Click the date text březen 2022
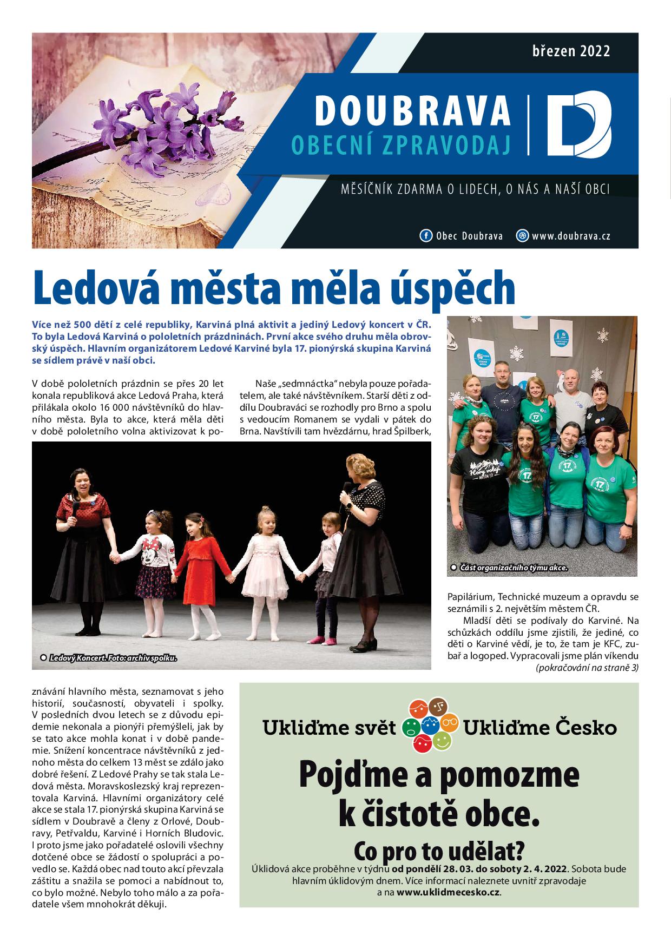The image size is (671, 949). (x=571, y=51)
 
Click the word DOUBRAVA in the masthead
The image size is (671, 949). (x=412, y=110)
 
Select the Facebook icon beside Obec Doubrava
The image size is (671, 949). (x=426, y=236)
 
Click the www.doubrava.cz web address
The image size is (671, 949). (x=571, y=236)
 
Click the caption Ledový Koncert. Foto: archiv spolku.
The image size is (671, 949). (x=113, y=658)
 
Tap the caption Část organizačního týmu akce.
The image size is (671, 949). (x=513, y=568)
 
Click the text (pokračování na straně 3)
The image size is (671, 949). (x=587, y=668)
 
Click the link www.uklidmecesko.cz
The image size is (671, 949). (x=449, y=892)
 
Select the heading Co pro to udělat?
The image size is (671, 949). (x=439, y=851)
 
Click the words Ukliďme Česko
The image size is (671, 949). (x=540, y=728)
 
